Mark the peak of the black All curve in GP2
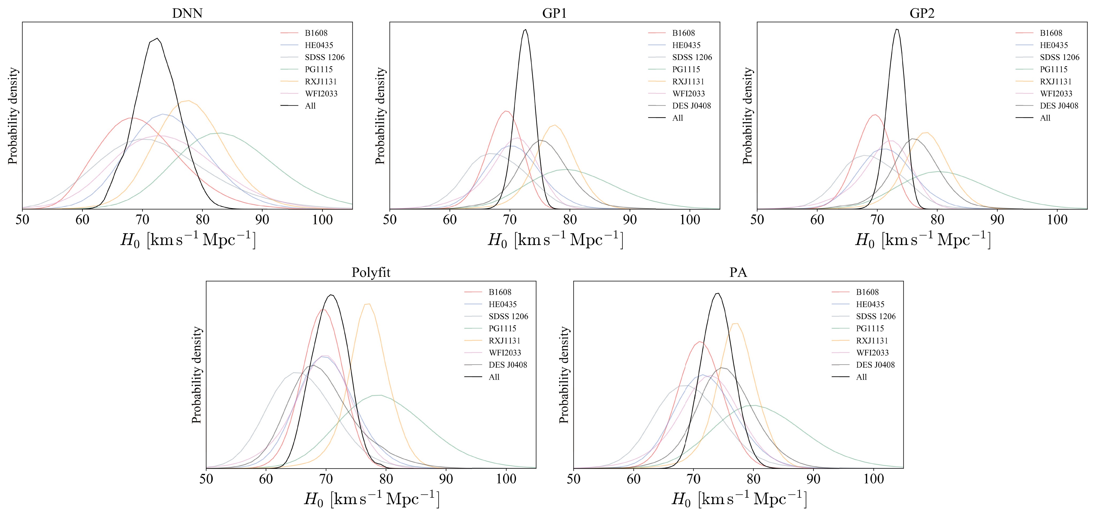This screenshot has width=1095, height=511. click(x=897, y=29)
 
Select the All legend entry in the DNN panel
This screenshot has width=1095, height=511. click(x=310, y=106)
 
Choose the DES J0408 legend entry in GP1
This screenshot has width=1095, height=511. click(x=691, y=106)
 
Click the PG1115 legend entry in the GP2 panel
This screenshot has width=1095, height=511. click(x=1053, y=69)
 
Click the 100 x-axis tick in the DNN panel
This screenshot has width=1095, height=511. click(x=322, y=220)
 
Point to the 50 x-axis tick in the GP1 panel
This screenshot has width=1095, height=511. click(x=390, y=220)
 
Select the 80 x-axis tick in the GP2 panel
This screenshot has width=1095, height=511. click(x=937, y=220)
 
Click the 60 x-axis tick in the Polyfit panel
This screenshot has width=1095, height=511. click(x=266, y=479)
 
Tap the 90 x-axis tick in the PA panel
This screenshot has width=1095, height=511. click(x=813, y=479)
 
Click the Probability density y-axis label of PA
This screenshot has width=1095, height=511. click(x=564, y=375)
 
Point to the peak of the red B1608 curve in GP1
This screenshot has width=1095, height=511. click(x=506, y=111)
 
